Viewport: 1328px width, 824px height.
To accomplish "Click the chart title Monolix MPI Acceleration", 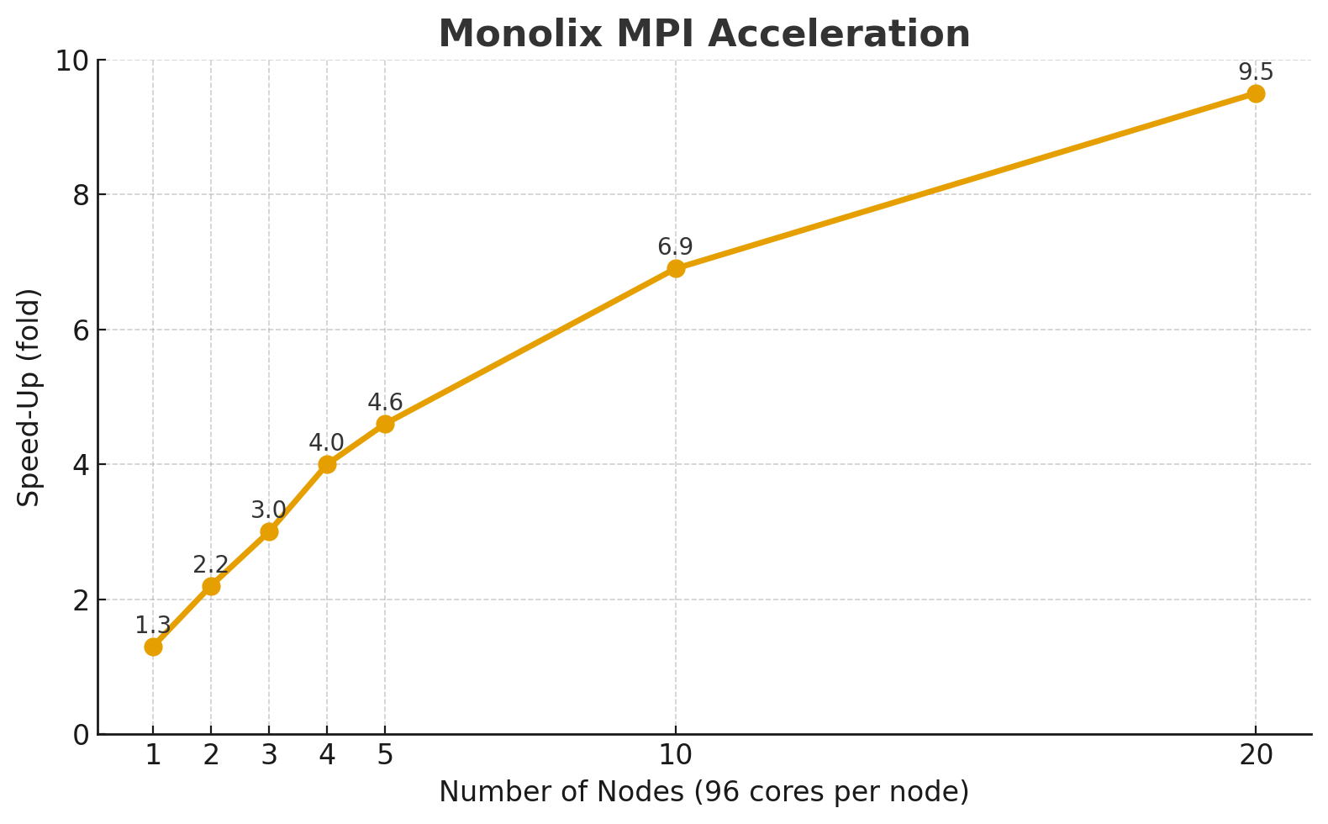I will pos(704,34).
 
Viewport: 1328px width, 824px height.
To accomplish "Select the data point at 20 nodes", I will pos(1256,93).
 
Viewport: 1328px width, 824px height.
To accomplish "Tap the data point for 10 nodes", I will pos(676,269).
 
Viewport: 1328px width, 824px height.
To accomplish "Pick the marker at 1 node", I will pos(153,647).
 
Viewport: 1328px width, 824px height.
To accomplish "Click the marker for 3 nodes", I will pos(269,531).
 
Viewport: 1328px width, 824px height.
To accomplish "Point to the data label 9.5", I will pos(1256,72).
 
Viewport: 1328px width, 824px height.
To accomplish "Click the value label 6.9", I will pos(675,247).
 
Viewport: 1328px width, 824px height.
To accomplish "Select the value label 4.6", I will pos(385,403).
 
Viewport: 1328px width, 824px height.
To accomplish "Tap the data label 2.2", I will pos(211,565).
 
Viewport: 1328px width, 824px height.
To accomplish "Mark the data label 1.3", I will pos(153,626).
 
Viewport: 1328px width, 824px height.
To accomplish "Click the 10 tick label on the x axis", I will pos(675,756).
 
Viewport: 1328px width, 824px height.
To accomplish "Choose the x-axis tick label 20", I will pos(1256,756).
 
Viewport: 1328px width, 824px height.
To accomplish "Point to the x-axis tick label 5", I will pos(385,756).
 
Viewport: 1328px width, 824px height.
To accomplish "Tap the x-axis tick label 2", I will pos(211,756).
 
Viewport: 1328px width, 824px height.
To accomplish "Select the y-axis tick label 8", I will pos(81,195).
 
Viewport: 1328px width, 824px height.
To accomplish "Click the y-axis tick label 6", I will pos(81,330).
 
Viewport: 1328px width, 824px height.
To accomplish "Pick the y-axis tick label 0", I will pos(81,735).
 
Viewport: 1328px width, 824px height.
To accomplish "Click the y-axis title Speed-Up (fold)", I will pos(29,397).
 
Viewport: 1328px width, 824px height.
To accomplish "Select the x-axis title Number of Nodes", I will pos(704,792).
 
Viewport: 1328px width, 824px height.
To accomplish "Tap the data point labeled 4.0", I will pos(327,464).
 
